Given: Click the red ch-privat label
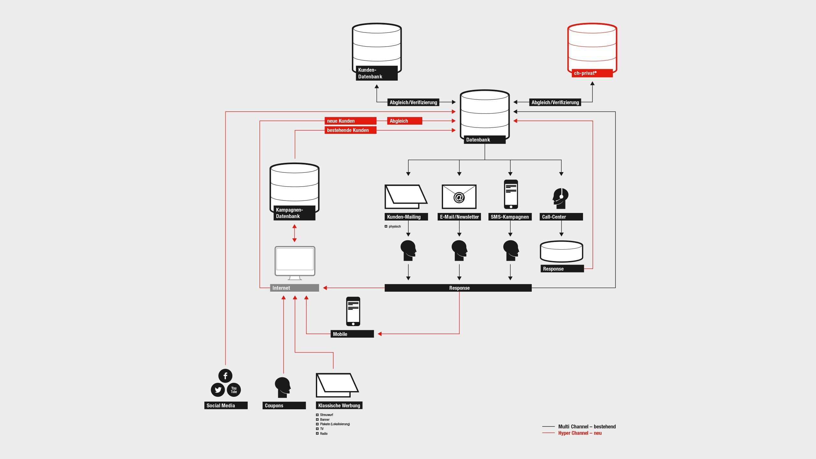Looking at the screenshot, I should pos(592,73).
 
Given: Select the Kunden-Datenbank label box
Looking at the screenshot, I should pos(376,73).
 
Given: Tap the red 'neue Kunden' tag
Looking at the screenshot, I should pos(350,121).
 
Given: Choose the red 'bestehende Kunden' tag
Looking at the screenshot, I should pos(350,130).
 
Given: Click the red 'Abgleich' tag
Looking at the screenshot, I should pos(404,121).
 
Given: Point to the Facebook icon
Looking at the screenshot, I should pos(225,376).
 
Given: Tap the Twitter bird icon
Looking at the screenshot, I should pos(218,390).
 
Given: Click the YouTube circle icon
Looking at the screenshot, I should pos(234,390).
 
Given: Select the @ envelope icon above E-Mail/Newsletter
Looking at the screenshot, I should pos(459,197).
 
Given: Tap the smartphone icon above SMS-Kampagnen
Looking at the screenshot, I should pos(511,194).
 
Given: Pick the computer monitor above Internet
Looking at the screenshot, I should pos(295,261).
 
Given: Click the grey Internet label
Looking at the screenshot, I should pos(294,288).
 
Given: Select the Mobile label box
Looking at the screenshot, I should pos(352,334).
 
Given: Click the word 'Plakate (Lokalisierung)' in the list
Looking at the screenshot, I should pos(335,424).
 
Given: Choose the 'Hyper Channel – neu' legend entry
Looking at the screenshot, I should pos(579,433).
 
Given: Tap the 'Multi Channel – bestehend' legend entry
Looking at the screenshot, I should pos(586,427).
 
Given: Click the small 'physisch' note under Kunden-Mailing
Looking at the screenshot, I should pos(394,227).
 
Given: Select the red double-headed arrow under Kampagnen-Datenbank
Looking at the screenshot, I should pos(294,233).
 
